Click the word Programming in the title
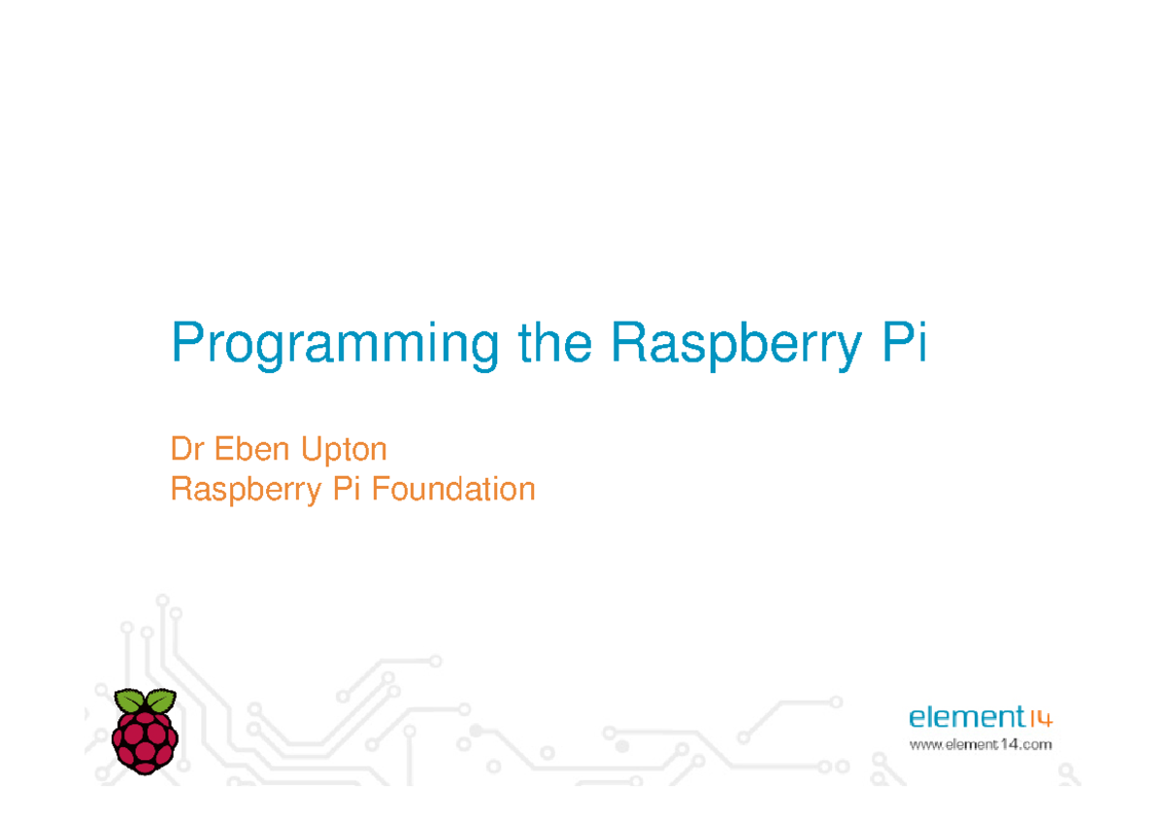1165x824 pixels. pyautogui.click(x=336, y=346)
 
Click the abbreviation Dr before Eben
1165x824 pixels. pyautogui.click(x=187, y=449)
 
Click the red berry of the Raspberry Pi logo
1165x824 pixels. pyautogui.click(x=145, y=741)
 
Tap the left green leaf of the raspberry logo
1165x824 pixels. pyautogui.click(x=129, y=701)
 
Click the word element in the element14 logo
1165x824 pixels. pyautogui.click(x=966, y=718)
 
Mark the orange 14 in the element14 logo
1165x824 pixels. pyautogui.click(x=1040, y=719)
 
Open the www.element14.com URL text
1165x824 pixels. pyautogui.click(x=980, y=745)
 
